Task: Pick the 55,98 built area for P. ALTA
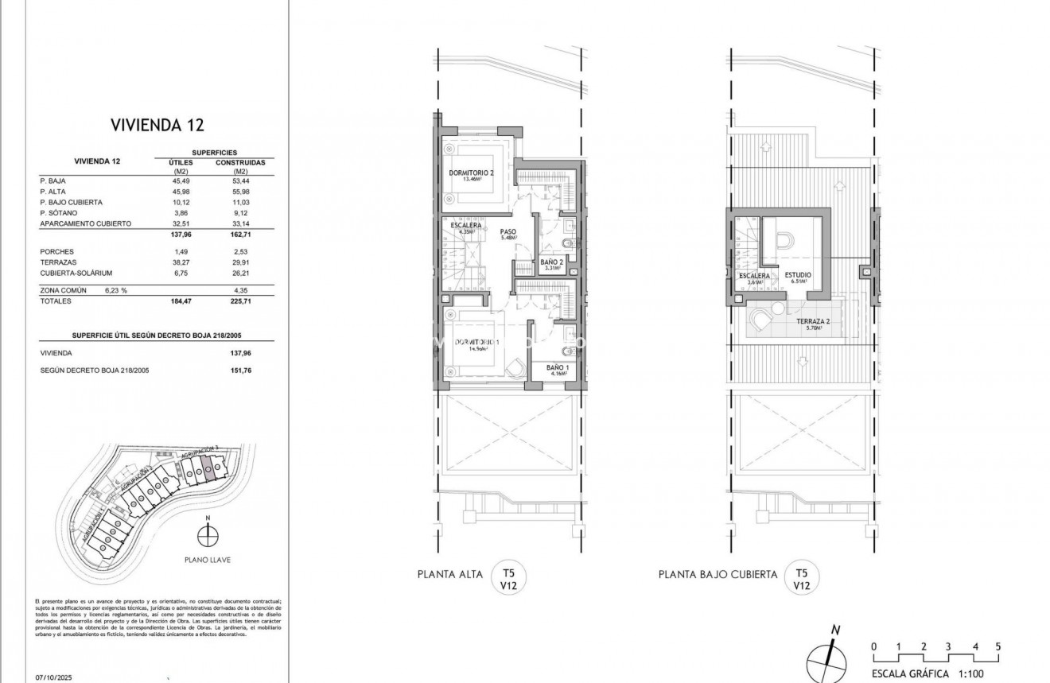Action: tap(239, 192)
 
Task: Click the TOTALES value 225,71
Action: tap(239, 301)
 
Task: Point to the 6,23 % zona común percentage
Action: tap(115, 290)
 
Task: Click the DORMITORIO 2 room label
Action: tap(472, 173)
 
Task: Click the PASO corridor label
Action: tap(508, 232)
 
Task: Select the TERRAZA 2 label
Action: tap(813, 321)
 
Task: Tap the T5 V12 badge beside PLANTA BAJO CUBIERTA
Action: tap(801, 577)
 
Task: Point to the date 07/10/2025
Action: tap(54, 678)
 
